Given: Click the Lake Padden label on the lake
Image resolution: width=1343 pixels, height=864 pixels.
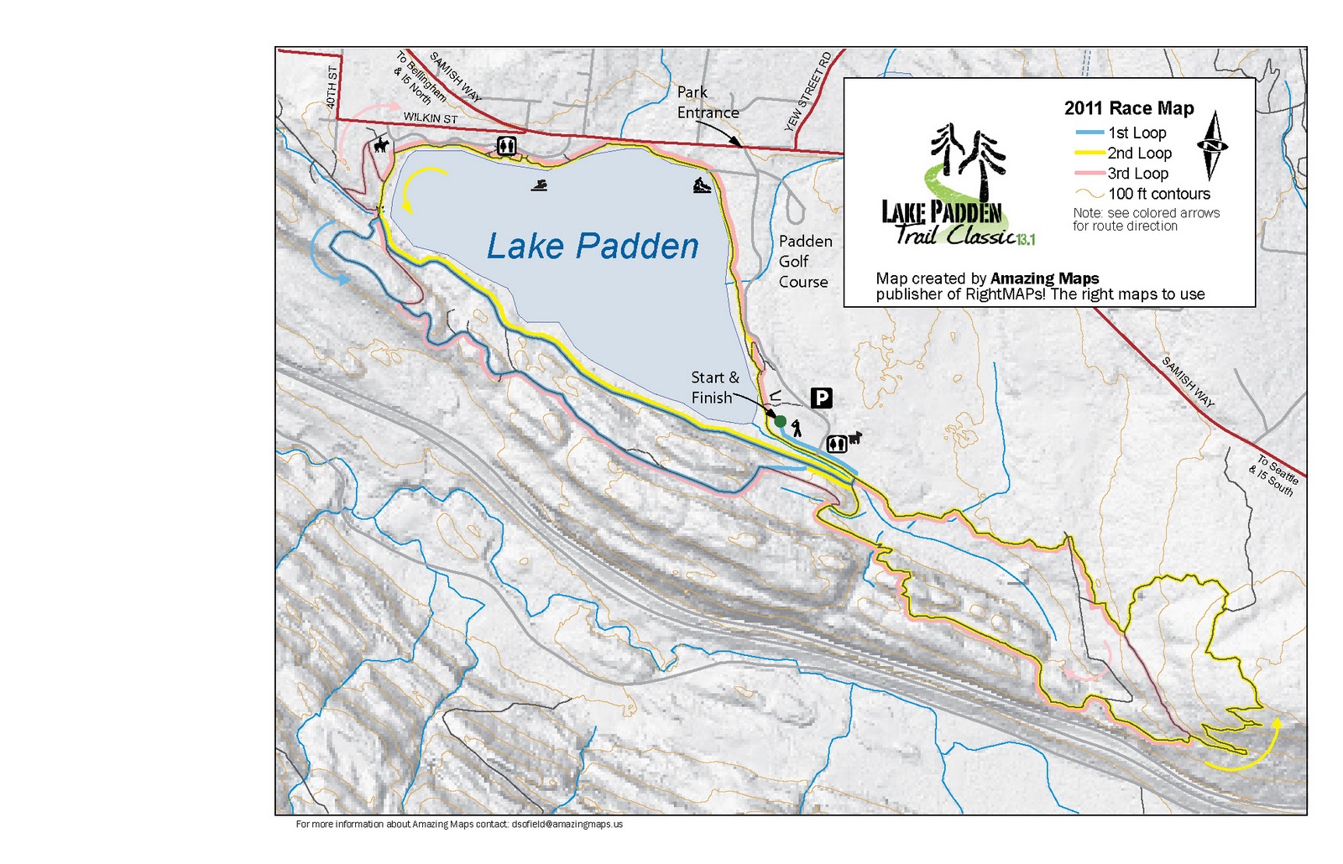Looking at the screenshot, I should tap(593, 247).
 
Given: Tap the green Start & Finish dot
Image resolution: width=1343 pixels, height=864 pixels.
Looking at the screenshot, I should tap(780, 421).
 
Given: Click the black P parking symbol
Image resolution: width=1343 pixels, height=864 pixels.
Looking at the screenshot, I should tap(820, 398).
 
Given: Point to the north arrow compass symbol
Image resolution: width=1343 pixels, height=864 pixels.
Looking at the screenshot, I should tap(1211, 146).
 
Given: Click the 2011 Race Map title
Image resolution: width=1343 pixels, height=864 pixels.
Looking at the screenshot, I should tap(1128, 108).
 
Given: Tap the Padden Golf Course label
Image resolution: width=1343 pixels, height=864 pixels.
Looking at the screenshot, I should tap(804, 262).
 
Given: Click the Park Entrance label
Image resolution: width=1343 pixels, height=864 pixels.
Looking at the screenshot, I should tap(708, 102).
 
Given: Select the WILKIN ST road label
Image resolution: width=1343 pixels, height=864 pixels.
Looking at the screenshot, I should tap(430, 118).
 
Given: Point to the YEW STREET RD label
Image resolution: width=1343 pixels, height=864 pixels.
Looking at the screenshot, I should tap(808, 91).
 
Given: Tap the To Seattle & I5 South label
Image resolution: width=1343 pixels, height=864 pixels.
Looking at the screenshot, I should tap(1274, 475).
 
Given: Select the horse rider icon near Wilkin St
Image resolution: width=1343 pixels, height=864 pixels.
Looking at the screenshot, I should tap(382, 146).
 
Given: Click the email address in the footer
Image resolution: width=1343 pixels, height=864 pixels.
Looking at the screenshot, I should tap(567, 824).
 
